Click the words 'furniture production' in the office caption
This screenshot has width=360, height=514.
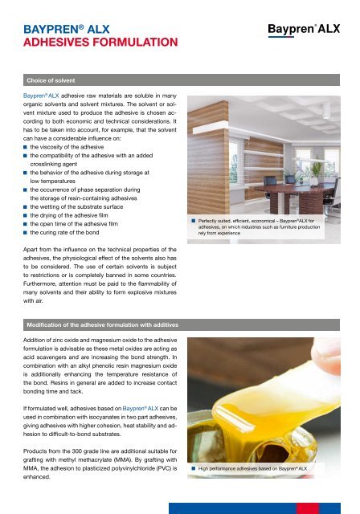[x=297, y=228]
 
